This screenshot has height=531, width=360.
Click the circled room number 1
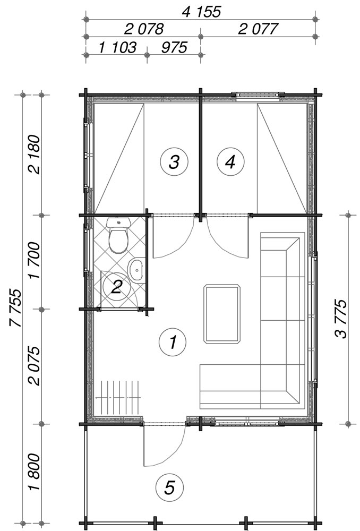(x=173, y=341)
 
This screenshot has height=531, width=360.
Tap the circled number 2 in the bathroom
(x=116, y=287)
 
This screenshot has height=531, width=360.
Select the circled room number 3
(x=174, y=161)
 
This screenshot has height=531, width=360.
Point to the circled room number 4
(x=230, y=161)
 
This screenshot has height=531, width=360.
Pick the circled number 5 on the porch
(x=169, y=487)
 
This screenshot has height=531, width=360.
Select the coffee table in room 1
(x=222, y=314)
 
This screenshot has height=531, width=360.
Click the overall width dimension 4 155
(x=201, y=12)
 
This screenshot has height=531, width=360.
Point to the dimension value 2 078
(x=143, y=29)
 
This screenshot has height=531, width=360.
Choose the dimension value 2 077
(x=258, y=29)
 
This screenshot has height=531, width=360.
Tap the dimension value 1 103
(x=117, y=48)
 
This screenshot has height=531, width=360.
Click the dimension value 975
(x=174, y=48)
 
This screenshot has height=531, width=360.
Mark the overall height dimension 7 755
(x=15, y=307)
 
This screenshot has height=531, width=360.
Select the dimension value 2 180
(x=35, y=155)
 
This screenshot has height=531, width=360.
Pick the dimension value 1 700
(x=35, y=260)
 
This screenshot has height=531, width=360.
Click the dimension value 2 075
(x=35, y=366)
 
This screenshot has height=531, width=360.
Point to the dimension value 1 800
(x=35, y=472)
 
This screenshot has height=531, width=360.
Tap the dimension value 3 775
(x=341, y=319)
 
